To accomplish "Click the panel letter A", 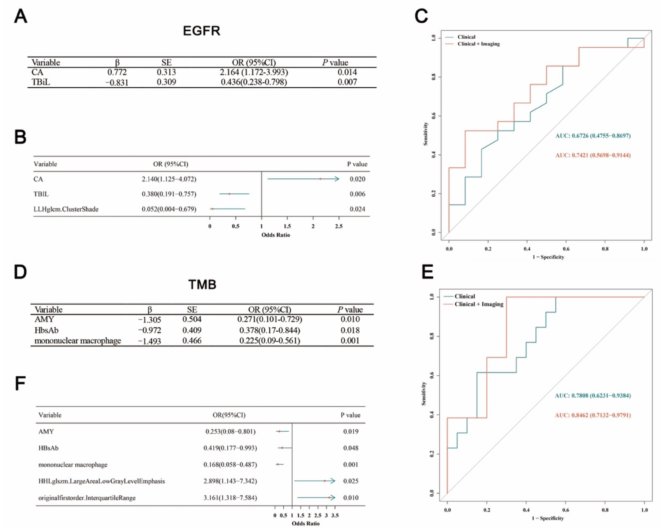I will pos(21,16).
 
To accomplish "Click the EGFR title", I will pos(202,31).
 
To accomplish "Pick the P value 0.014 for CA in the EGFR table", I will pos(347,72).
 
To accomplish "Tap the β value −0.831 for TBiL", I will pos(117,82).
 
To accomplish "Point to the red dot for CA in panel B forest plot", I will pos(320,179).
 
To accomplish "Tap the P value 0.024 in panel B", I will pos(357,209).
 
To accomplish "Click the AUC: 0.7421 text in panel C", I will pos(593,155).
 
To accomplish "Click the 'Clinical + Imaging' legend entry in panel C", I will pos(478,44).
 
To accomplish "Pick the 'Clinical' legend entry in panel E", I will pos(465,296).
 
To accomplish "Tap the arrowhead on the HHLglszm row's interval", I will pos(333,481).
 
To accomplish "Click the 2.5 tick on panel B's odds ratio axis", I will pos(339,226).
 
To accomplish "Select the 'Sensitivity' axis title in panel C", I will pos(426,134).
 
